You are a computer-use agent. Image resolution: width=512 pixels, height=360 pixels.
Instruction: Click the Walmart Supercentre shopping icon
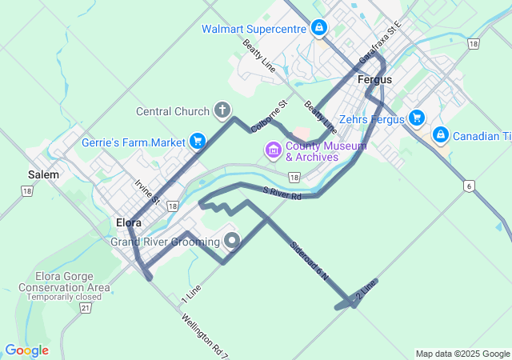click(x=319, y=29)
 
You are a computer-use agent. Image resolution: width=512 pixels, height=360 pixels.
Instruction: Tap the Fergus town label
click(x=374, y=80)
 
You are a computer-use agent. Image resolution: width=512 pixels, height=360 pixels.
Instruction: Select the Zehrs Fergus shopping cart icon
click(x=416, y=118)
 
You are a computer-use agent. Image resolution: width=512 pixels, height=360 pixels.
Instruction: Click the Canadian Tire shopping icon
click(x=440, y=135)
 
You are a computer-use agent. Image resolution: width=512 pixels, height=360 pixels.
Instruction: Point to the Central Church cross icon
click(x=222, y=110)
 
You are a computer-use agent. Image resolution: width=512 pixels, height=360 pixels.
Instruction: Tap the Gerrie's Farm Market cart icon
click(x=197, y=142)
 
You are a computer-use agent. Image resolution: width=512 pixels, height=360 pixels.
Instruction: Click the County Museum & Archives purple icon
click(x=273, y=150)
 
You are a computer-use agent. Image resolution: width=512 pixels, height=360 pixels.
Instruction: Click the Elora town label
click(x=129, y=222)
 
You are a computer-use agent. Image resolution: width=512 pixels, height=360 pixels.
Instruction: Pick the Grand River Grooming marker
click(x=232, y=240)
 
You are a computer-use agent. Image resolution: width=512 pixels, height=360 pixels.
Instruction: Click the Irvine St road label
click(x=148, y=192)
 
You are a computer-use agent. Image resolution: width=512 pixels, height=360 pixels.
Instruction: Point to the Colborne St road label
click(x=269, y=117)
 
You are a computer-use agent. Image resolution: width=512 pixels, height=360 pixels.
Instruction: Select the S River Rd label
click(x=281, y=192)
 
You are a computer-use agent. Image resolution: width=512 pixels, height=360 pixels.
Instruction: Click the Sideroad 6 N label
click(x=310, y=259)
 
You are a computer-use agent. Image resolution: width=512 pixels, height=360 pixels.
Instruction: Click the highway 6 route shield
click(x=468, y=186)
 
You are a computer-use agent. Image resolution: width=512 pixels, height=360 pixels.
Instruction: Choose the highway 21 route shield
click(x=86, y=307)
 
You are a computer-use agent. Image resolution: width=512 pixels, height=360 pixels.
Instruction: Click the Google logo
click(x=26, y=350)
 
